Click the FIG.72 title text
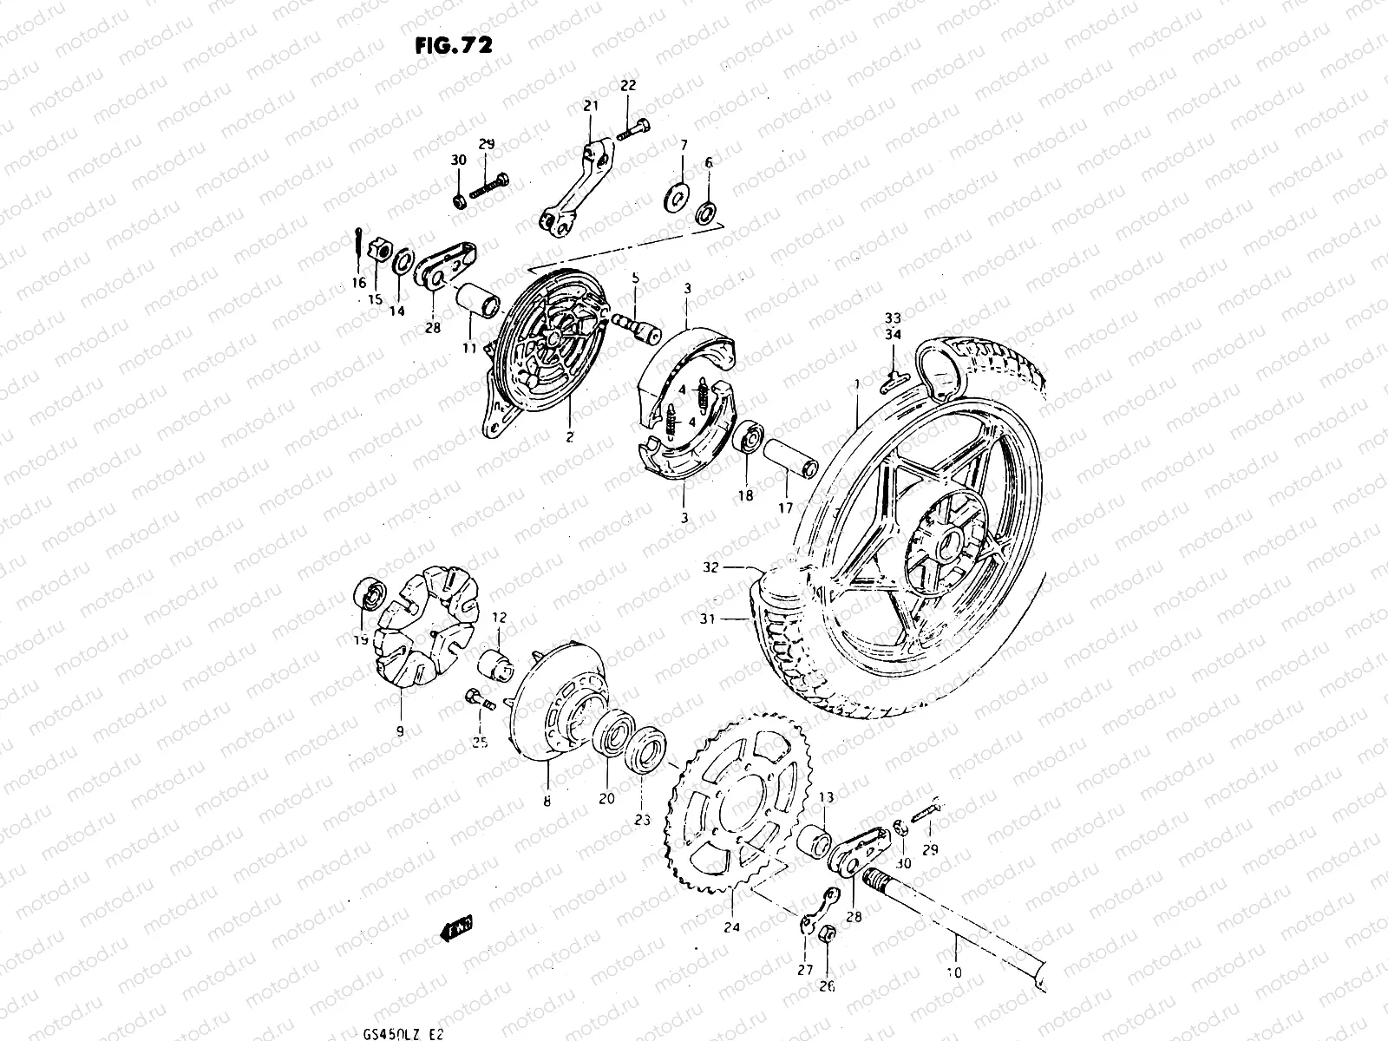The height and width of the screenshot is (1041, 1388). (x=453, y=45)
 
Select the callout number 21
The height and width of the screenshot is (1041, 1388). (x=592, y=106)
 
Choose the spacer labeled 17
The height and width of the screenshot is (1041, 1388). (x=789, y=459)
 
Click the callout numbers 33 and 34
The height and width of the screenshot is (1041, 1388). (x=893, y=324)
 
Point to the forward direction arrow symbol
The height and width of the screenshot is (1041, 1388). (x=457, y=931)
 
